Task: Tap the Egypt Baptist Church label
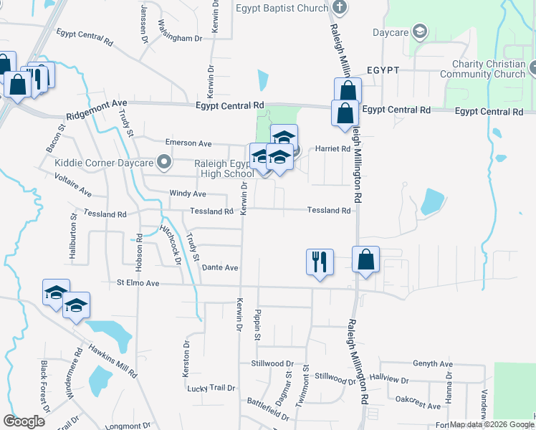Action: click(x=282, y=9)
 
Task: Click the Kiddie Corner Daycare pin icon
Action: click(x=166, y=162)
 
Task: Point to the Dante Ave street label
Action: click(x=220, y=267)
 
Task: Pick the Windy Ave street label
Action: click(x=187, y=193)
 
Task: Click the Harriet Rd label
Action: click(x=335, y=149)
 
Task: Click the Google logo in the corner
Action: click(x=24, y=421)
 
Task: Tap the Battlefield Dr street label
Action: click(x=268, y=409)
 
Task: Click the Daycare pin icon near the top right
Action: click(x=420, y=32)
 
